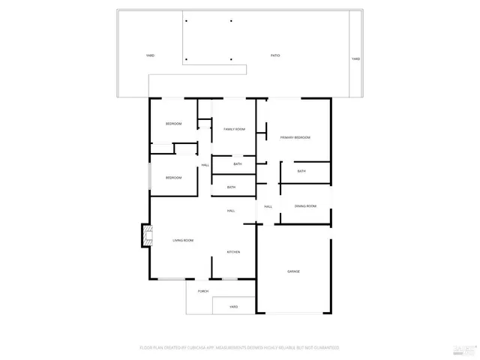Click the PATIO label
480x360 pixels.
(x=275, y=56)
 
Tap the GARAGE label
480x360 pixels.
(x=293, y=271)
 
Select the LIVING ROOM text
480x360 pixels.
(x=184, y=240)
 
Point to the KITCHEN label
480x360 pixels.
(x=233, y=252)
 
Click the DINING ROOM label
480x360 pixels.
(x=305, y=206)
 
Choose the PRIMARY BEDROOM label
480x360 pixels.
(x=295, y=137)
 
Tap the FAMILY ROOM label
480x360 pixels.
(x=234, y=129)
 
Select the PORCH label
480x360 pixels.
(x=202, y=291)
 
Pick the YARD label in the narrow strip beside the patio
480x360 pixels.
(x=355, y=58)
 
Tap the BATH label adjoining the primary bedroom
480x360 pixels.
(x=301, y=171)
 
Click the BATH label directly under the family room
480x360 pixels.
(x=237, y=163)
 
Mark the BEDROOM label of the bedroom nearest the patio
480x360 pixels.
(x=173, y=124)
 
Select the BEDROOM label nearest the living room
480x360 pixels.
(x=173, y=178)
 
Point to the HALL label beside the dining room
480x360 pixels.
(x=268, y=206)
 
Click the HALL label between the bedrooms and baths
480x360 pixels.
(x=205, y=165)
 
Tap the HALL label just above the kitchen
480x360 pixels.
(x=231, y=211)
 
